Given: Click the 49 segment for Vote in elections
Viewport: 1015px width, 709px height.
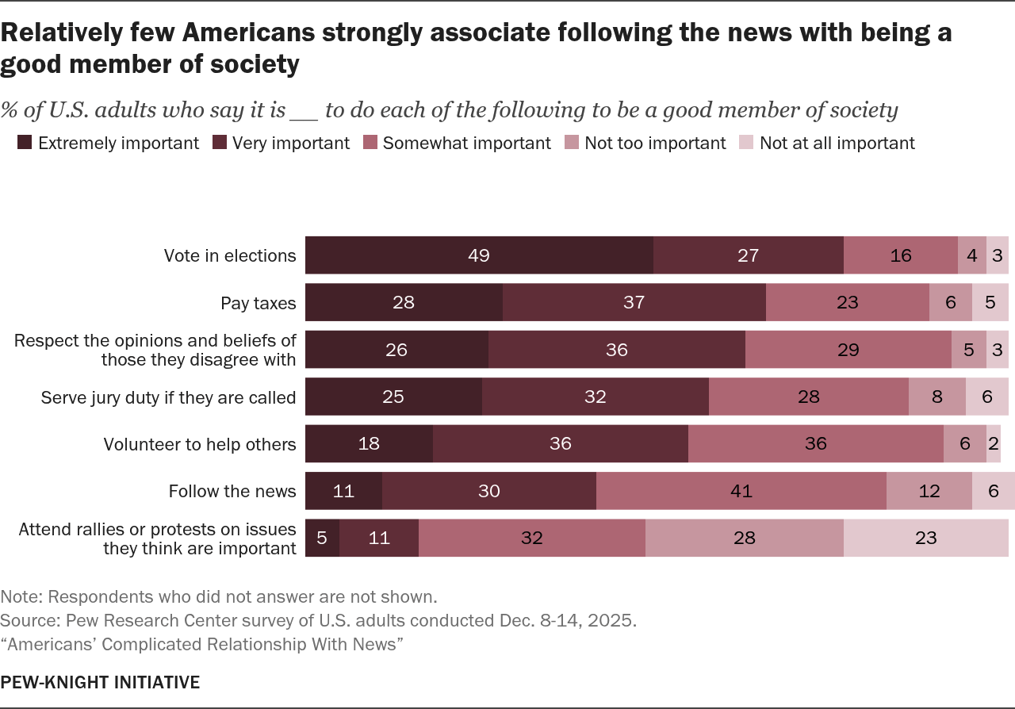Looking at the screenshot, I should (479, 255).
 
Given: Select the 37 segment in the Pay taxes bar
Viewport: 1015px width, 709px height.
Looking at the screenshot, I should (634, 302).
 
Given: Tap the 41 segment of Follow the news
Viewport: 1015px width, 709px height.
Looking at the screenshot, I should (741, 491).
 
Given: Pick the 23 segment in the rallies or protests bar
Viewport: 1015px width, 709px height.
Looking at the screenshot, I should (925, 538).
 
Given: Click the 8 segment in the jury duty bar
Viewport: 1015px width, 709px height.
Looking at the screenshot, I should (936, 397).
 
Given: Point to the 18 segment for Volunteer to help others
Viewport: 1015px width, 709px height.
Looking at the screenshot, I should (369, 444).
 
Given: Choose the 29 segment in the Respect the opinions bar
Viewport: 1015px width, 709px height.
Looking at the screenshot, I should (848, 350).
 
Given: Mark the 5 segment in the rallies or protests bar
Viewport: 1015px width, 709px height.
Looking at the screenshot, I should (322, 538).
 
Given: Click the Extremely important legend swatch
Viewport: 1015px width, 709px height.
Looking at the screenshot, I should (25, 144).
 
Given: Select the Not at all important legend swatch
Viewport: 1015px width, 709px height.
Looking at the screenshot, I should (746, 144).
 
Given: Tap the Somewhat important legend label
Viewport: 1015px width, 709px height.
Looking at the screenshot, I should (466, 144).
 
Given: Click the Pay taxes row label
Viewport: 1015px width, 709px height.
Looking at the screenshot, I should (258, 303).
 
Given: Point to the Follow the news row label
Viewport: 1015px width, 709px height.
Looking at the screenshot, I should (232, 492).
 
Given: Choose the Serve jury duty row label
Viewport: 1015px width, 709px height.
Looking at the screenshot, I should (168, 397).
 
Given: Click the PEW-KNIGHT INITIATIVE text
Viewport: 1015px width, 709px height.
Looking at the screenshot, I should (100, 682).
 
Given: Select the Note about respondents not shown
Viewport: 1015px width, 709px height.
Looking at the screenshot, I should (219, 596).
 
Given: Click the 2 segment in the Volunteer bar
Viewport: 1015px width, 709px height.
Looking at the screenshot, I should (993, 444).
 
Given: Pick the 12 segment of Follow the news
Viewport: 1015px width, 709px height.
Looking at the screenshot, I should (929, 491).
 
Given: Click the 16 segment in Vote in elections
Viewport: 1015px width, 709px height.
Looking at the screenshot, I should (900, 255).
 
